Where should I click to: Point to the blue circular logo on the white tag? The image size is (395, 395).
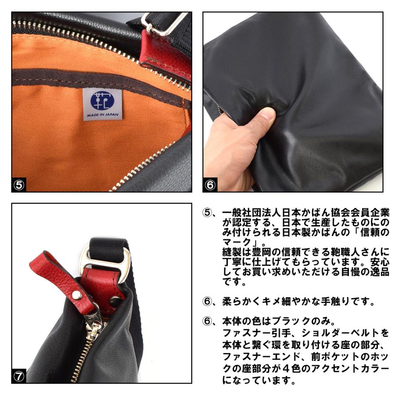click(x=102, y=100)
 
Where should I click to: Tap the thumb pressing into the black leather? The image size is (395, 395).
click(x=264, y=118)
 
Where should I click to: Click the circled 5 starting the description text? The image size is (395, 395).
click(x=207, y=212)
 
